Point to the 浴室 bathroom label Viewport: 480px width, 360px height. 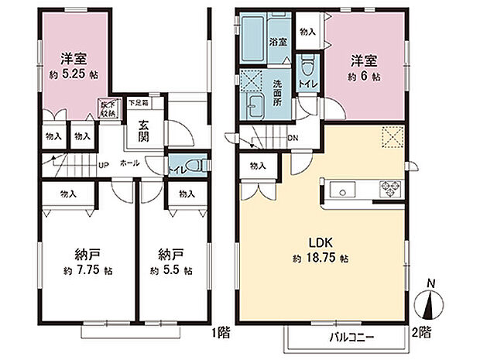click(x=276, y=42)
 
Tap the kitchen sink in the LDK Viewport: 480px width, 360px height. click(x=342, y=190)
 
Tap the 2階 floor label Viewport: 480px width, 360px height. click(x=420, y=331)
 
